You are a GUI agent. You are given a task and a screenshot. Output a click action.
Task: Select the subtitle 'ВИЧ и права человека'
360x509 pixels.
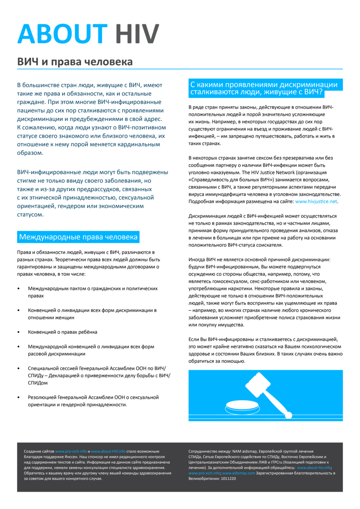pos(75,62)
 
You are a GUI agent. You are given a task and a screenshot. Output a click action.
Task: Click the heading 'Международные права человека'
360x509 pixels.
pos(78,237)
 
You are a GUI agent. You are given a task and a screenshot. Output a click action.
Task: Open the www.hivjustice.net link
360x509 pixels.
pos(316,202)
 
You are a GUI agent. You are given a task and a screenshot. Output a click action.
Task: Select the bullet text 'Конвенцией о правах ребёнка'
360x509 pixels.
pos(62,332)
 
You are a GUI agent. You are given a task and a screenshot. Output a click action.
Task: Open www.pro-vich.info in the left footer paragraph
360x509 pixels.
pos(71,452)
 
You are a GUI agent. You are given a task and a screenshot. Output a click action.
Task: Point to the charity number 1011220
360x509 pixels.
pos(227,478)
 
